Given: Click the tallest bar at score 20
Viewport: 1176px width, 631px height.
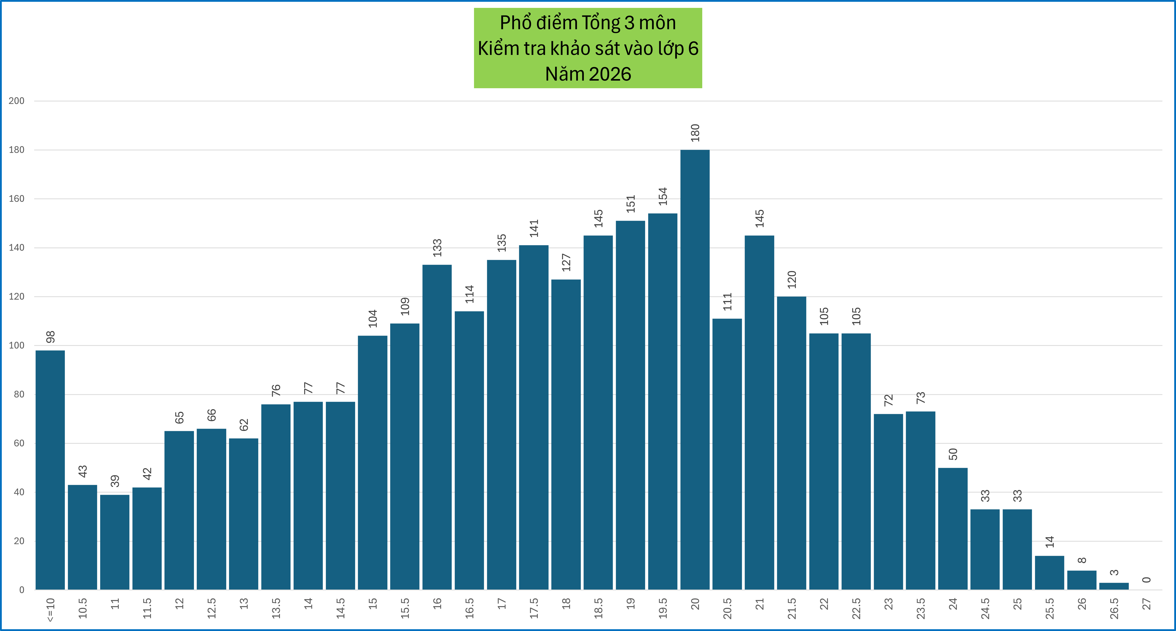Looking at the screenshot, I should coord(695,370).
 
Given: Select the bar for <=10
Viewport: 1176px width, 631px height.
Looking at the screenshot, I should coord(50,470).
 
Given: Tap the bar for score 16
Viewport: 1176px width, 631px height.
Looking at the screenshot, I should coord(437,427).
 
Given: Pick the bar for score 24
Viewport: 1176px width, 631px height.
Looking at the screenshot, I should coord(953,529).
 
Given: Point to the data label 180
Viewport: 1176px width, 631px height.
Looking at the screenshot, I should coord(695,133).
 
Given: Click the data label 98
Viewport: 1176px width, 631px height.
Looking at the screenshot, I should coord(50,337).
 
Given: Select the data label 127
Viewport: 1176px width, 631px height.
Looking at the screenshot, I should coord(566,263).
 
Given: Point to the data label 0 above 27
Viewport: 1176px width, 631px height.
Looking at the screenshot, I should coord(1146,580).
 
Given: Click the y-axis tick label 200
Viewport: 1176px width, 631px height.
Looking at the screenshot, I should coord(17,101).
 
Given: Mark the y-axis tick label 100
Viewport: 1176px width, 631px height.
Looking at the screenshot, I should coord(17,346).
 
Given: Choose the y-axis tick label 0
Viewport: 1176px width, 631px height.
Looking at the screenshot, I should coord(21,590).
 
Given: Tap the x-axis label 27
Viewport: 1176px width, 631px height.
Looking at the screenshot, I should coord(1146,604).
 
